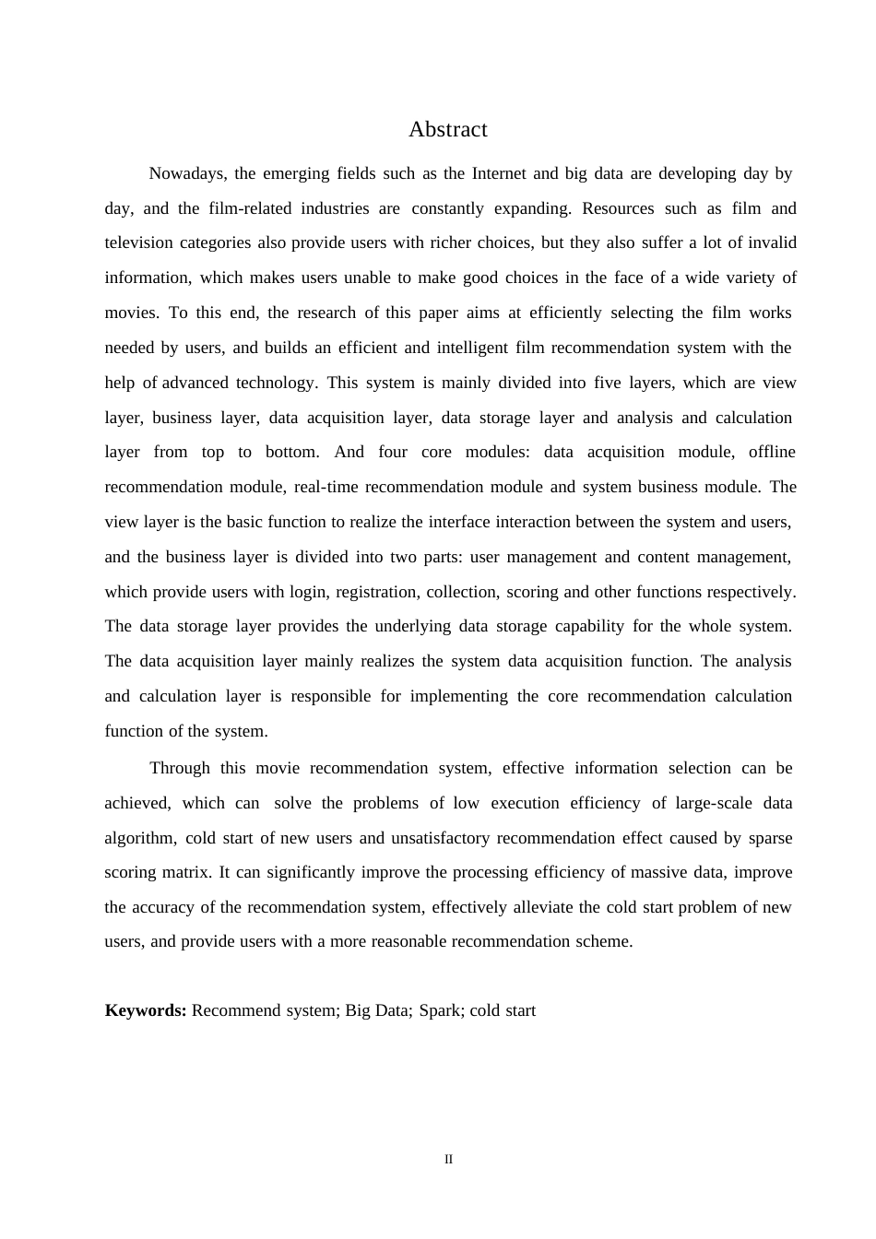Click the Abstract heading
[x=447, y=130]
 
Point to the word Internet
[x=499, y=173]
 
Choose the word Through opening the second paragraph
[x=180, y=768]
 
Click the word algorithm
[x=139, y=838]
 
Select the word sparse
[x=769, y=838]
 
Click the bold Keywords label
[x=146, y=1010]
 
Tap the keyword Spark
[x=439, y=1010]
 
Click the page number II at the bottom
[x=449, y=1160]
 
